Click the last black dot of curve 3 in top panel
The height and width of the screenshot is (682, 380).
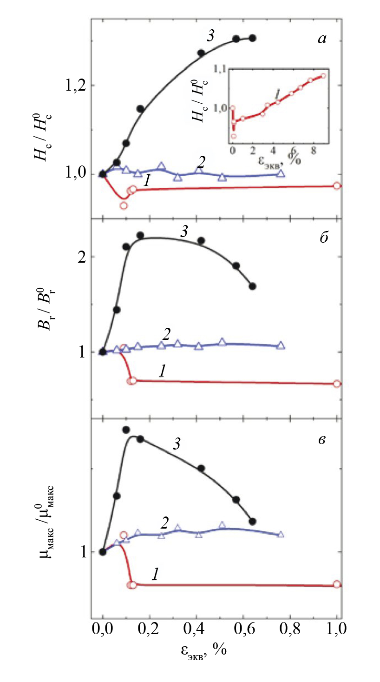(252, 38)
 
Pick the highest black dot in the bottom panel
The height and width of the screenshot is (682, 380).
(126, 430)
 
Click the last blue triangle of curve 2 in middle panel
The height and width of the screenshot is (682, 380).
(281, 345)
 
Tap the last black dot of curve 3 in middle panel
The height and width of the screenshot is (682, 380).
(252, 286)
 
